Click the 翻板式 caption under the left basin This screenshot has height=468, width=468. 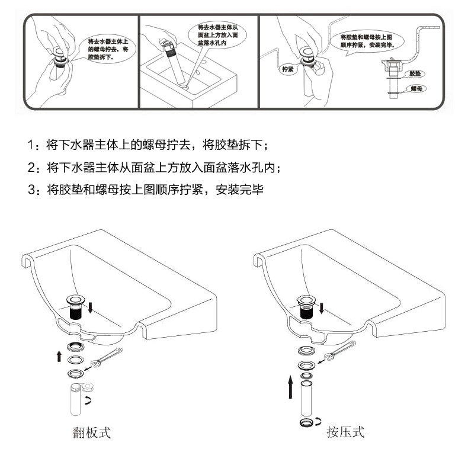pyautogui.click(x=91, y=432)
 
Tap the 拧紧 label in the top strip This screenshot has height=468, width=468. pyautogui.click(x=287, y=69)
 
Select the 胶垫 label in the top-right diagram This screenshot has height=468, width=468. pyautogui.click(x=415, y=73)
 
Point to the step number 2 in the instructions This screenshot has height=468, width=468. pyautogui.click(x=31, y=168)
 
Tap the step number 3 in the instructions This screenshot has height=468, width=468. pyautogui.click(x=31, y=190)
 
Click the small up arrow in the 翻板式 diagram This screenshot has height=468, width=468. pyautogui.click(x=58, y=355)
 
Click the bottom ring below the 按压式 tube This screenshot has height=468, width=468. pyautogui.click(x=307, y=422)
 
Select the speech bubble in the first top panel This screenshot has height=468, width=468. pyautogui.click(x=106, y=49)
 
